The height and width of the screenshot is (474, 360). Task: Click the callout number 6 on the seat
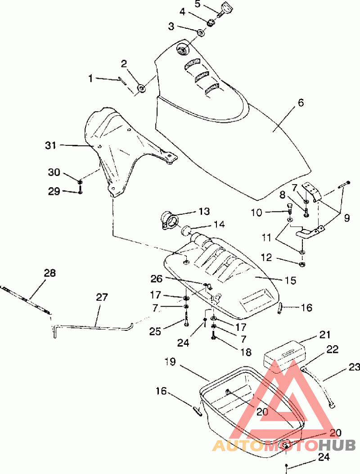point(301,103)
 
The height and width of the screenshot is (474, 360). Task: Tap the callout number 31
point(51,145)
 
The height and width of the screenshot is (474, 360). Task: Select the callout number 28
point(50,273)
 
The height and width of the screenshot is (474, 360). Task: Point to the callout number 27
point(102,297)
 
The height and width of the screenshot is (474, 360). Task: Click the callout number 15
point(291,280)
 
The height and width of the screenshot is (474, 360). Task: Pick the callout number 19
point(171,361)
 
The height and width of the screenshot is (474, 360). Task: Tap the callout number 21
point(324,335)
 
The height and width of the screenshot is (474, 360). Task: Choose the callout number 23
point(354,367)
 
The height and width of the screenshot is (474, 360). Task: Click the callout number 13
point(204,211)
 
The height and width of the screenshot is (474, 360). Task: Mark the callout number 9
point(346,218)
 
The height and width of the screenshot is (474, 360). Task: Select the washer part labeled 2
point(141,88)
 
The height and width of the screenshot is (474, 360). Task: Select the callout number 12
point(266,257)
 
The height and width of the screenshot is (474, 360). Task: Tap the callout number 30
point(54,172)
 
